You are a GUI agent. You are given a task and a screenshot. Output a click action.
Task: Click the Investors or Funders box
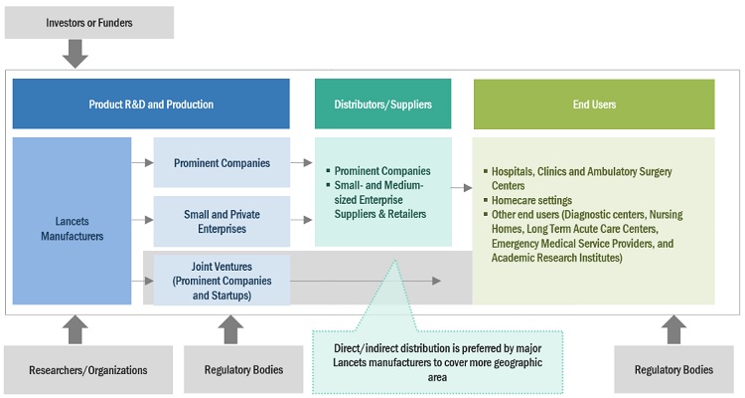(88, 22)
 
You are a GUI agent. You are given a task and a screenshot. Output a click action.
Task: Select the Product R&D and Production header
(151, 103)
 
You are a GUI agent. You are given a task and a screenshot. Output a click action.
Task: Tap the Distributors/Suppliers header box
(382, 103)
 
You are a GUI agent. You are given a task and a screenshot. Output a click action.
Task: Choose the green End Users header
(593, 103)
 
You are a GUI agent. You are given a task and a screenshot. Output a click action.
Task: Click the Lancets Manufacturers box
(72, 221)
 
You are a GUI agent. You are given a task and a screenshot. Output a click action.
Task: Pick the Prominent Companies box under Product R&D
(222, 162)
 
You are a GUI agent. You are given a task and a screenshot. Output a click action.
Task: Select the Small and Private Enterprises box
(222, 221)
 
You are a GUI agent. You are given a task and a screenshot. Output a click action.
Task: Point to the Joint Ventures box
(222, 280)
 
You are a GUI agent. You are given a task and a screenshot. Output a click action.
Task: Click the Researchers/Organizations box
(75, 370)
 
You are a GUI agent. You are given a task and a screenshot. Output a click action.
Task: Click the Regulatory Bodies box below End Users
(673, 370)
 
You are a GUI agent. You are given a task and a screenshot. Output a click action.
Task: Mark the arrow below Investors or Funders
(75, 54)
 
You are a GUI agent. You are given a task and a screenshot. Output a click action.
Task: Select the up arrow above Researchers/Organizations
(75, 329)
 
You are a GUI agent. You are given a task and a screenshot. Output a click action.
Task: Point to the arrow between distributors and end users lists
(461, 187)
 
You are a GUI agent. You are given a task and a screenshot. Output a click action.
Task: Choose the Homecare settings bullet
(532, 200)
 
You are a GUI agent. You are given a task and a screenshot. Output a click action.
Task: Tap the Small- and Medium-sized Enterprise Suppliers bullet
(382, 199)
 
